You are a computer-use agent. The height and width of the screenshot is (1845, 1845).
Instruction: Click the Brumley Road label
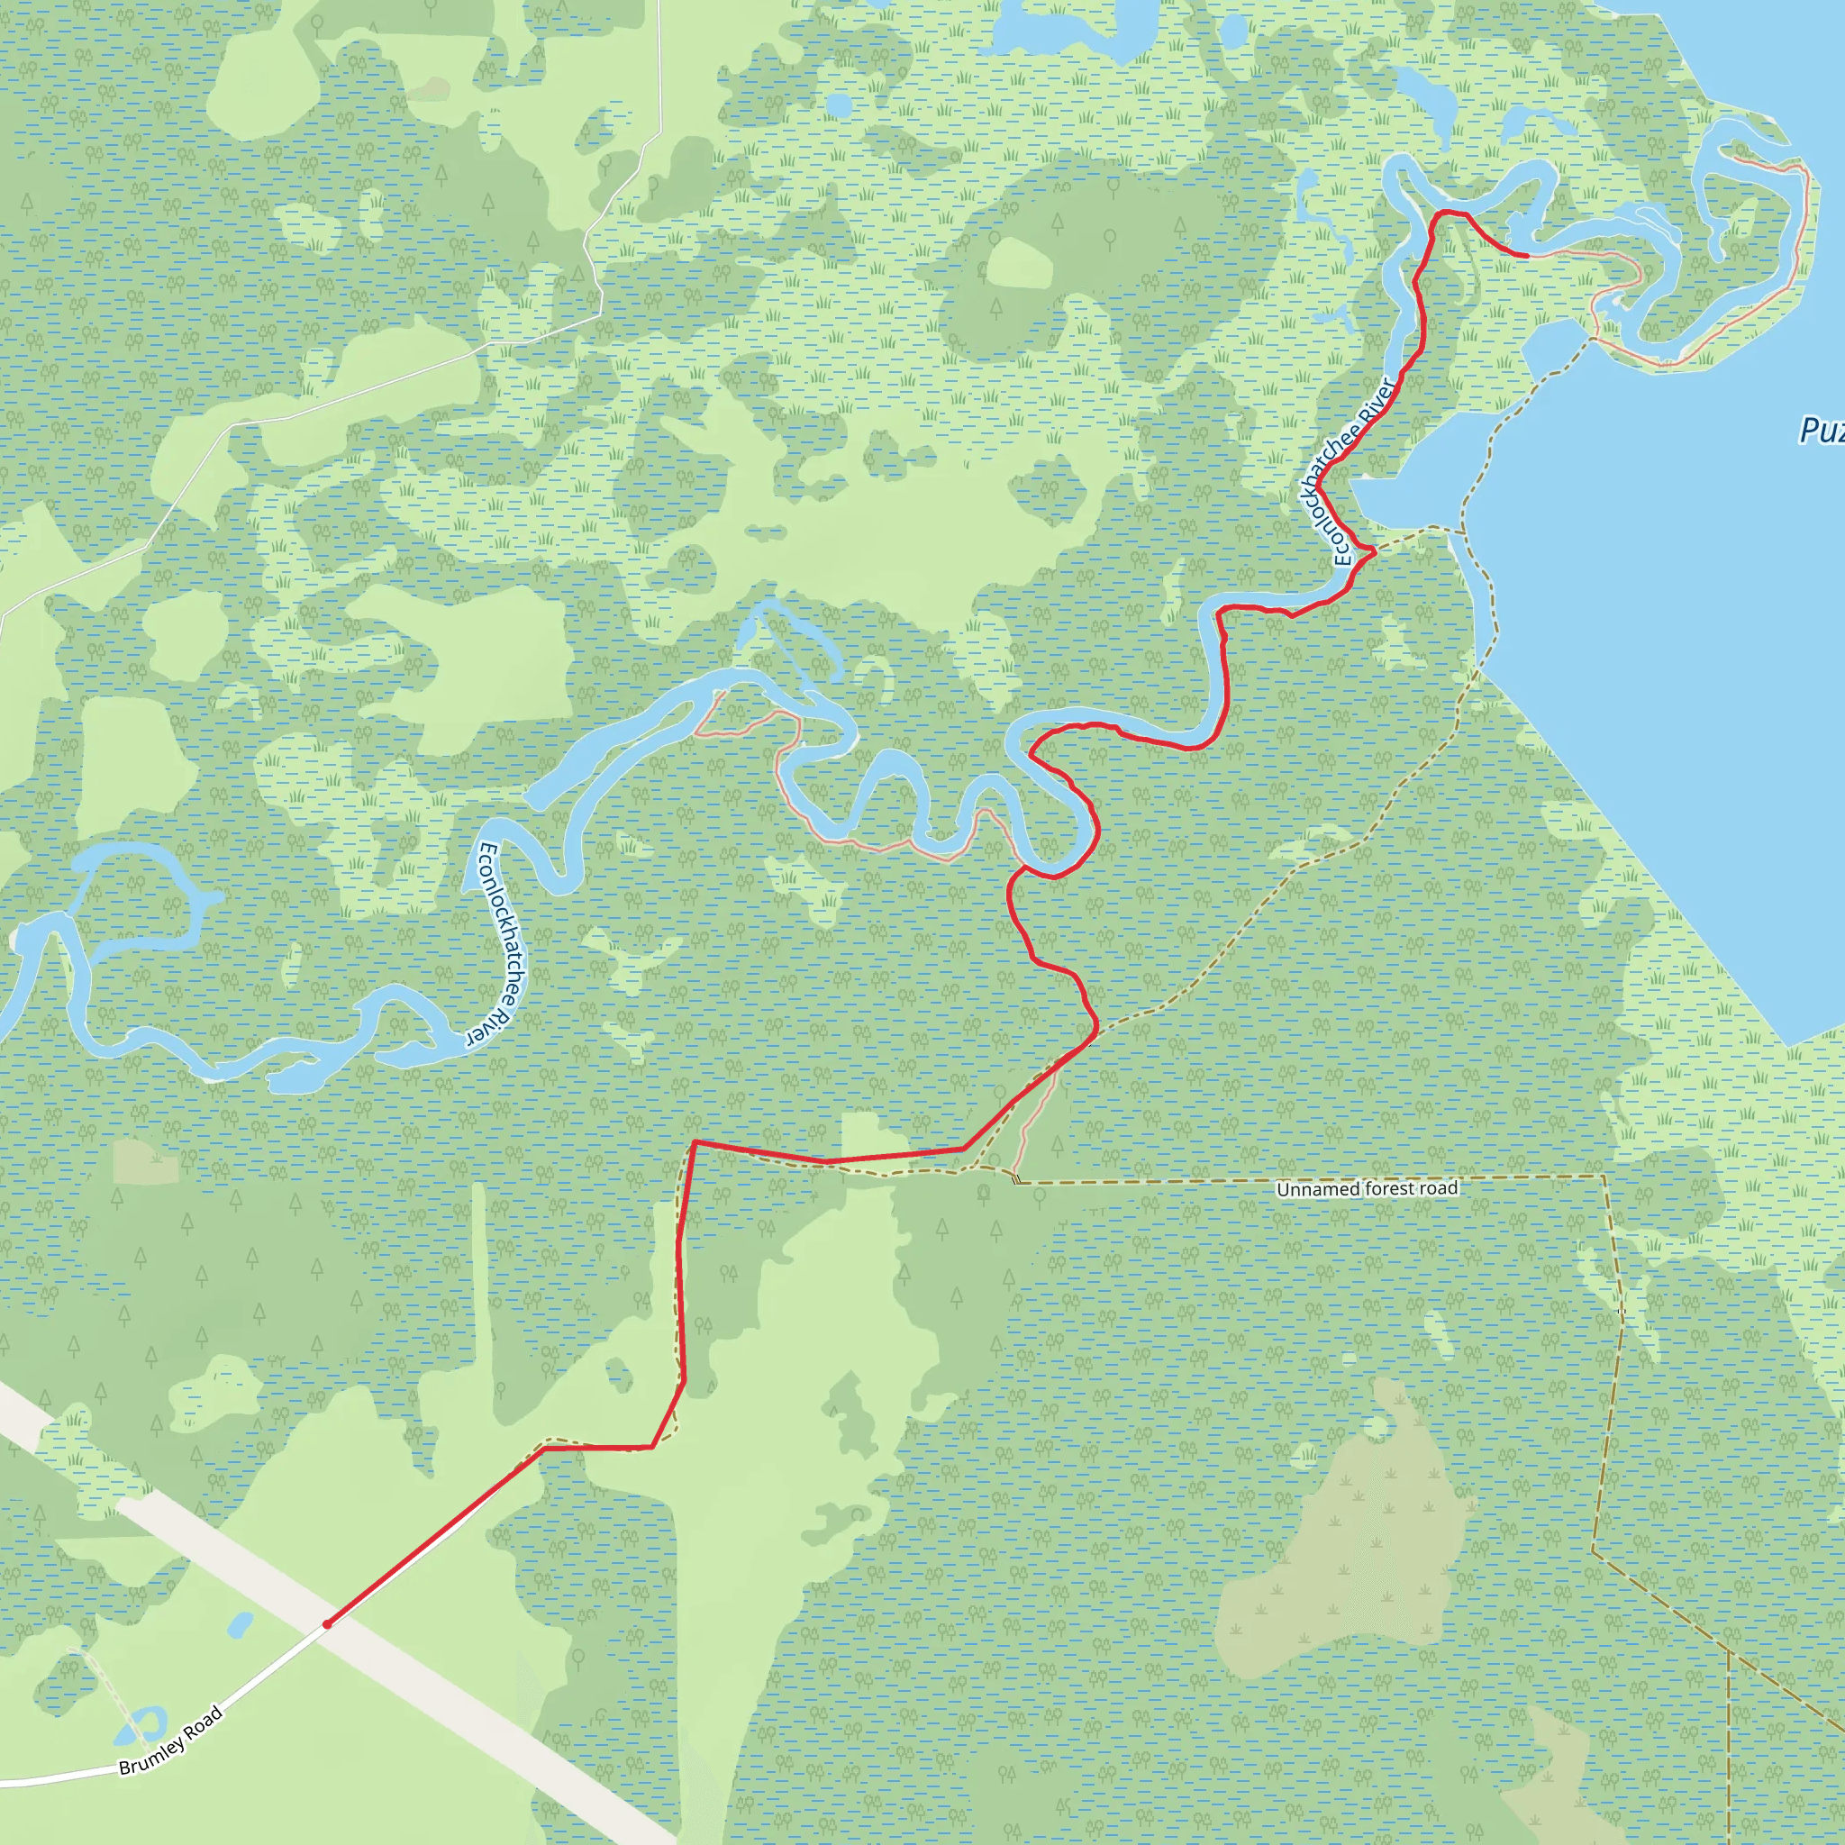pos(171,1740)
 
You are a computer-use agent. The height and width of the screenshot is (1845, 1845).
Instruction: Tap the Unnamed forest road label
pos(1367,1189)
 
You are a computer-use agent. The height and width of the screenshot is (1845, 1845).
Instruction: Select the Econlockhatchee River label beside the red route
pos(1347,472)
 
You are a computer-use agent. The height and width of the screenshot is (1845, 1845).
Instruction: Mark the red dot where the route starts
pos(327,1623)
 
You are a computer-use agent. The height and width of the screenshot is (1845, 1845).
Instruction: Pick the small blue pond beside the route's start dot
pos(240,1623)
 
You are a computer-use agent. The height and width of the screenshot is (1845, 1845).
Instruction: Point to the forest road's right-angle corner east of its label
pos(1604,1177)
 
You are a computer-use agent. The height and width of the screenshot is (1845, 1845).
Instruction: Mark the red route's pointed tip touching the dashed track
pos(1374,551)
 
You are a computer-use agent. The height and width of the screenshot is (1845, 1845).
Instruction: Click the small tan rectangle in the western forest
pos(145,1161)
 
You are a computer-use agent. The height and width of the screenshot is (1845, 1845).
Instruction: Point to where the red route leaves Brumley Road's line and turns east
pos(544,1448)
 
